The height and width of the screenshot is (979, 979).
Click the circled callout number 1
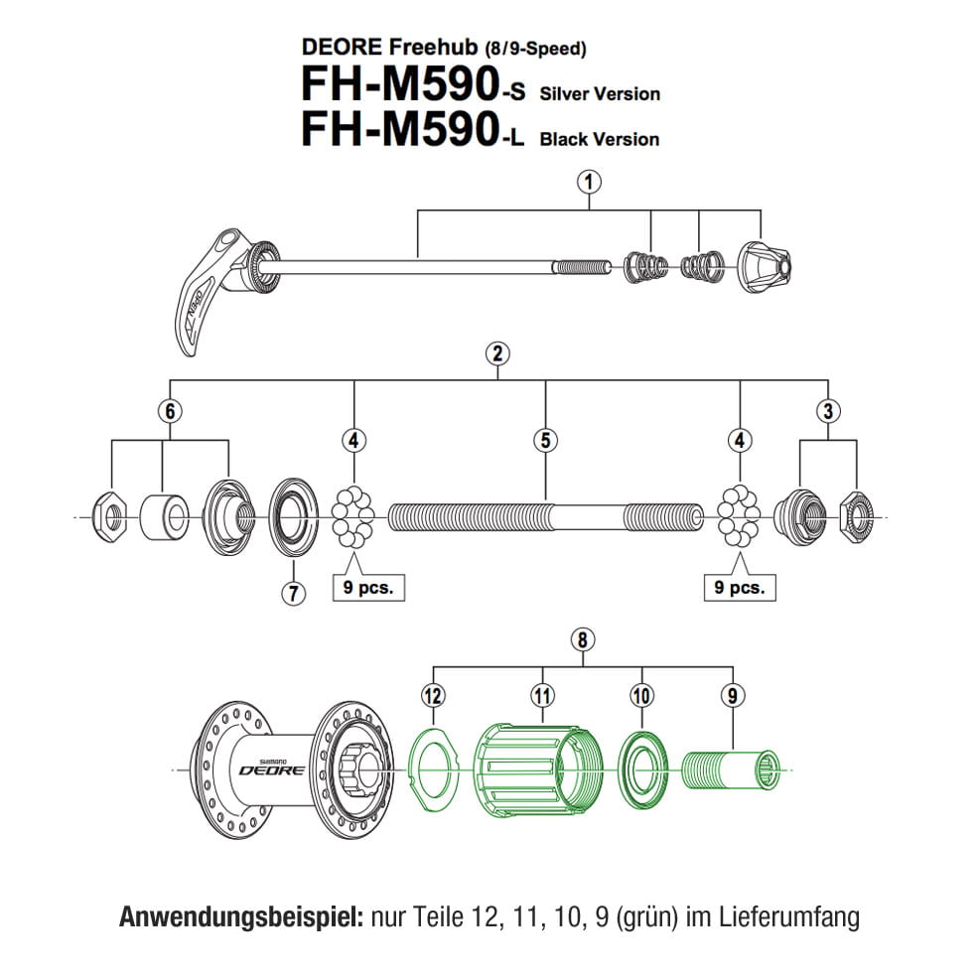(590, 182)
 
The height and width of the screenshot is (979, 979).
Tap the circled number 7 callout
(293, 594)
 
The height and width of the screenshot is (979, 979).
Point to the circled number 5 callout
(544, 440)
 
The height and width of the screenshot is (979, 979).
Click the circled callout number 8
(583, 640)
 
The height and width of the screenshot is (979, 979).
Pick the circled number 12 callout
(432, 696)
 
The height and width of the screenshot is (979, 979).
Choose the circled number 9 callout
(733, 696)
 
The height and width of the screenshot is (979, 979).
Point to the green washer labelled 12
(433, 766)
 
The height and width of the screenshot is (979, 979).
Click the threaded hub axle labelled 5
(544, 517)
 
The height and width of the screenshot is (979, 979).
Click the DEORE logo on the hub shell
(263, 768)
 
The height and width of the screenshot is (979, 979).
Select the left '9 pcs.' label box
(368, 587)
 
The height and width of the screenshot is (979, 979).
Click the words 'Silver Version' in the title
(599, 94)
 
